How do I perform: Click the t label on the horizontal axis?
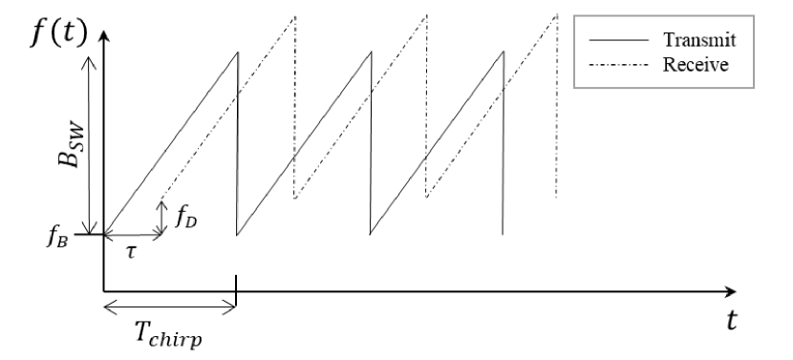pos(732,322)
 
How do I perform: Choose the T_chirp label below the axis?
pos(169,334)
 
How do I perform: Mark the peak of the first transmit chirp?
pos(236,51)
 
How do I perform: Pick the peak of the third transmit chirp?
pos(503,51)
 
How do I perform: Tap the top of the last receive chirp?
pos(556,14)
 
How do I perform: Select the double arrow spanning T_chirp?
pos(169,306)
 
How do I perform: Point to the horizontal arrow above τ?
pos(134,234)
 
